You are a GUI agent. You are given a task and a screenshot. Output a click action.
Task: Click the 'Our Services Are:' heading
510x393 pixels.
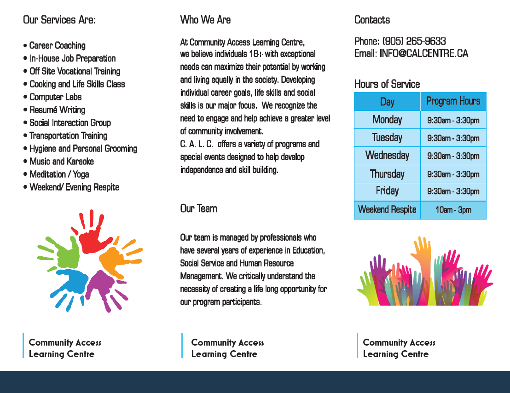tap(59, 20)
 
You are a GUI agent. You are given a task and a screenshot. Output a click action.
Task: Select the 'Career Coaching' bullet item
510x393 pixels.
tap(57, 46)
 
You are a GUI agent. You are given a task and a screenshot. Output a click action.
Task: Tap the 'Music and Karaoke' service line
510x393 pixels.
tap(61, 162)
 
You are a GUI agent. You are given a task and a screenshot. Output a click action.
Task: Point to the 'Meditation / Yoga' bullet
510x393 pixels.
tap(59, 174)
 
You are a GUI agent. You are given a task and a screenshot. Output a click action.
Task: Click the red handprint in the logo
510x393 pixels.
tap(94, 235)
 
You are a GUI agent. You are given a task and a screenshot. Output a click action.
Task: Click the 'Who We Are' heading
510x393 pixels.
tap(205, 20)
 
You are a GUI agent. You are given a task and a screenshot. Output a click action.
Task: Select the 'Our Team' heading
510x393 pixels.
tap(198, 208)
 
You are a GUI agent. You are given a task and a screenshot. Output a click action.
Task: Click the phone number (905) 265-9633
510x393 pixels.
tap(414, 41)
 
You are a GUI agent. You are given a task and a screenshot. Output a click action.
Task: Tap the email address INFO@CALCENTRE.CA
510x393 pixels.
tap(423, 54)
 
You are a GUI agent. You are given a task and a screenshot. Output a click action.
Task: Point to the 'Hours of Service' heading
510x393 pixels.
tap(387, 84)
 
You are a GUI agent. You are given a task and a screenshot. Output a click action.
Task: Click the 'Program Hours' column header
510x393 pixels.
tap(453, 101)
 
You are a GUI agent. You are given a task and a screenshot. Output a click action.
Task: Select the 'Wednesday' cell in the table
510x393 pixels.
tap(387, 156)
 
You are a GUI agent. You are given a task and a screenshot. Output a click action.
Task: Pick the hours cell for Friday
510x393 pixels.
tap(453, 191)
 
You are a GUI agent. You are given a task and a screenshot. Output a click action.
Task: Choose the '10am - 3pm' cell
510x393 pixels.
tap(453, 210)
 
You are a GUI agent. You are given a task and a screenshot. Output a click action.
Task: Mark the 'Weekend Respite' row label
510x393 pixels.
tap(387, 210)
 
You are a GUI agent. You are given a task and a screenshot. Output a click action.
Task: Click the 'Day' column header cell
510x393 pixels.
tap(387, 102)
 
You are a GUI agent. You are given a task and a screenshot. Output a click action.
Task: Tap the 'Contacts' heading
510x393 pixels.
tap(372, 20)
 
